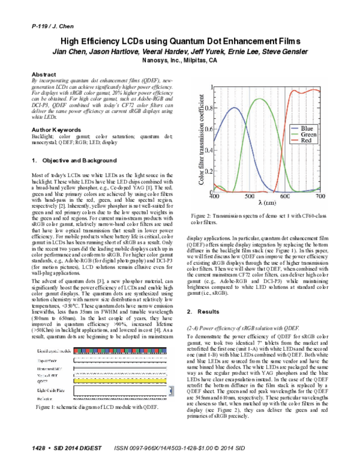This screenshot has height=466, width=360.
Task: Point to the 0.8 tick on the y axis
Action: [207, 108]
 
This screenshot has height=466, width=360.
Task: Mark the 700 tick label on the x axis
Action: [320, 196]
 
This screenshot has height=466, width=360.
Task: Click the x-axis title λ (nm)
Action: [268, 204]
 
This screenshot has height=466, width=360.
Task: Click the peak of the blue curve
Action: [235, 107]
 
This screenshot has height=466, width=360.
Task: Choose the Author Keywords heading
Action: [56, 129]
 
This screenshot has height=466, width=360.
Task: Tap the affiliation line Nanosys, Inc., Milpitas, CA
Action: [179, 61]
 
